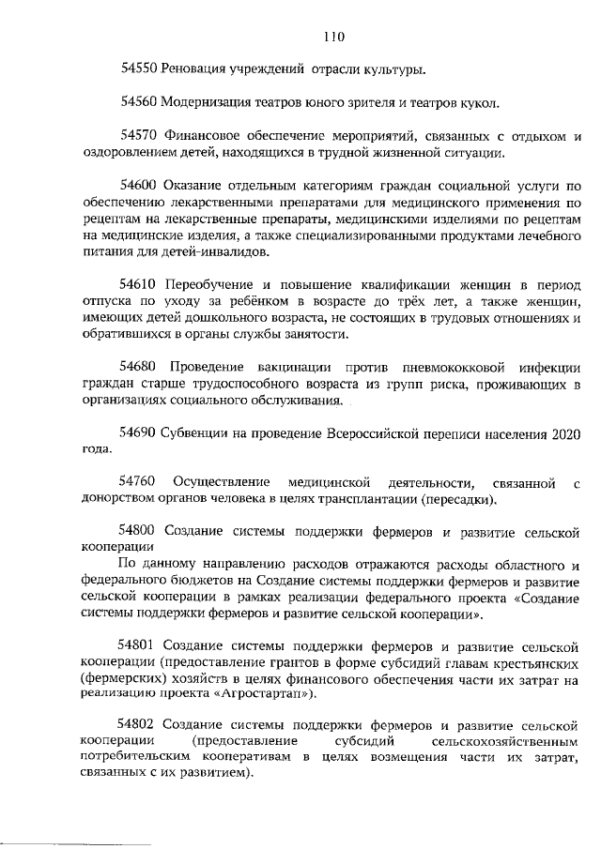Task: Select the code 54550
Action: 138,68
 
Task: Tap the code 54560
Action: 138,101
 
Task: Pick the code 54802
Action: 138,726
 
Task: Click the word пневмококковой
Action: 418,368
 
